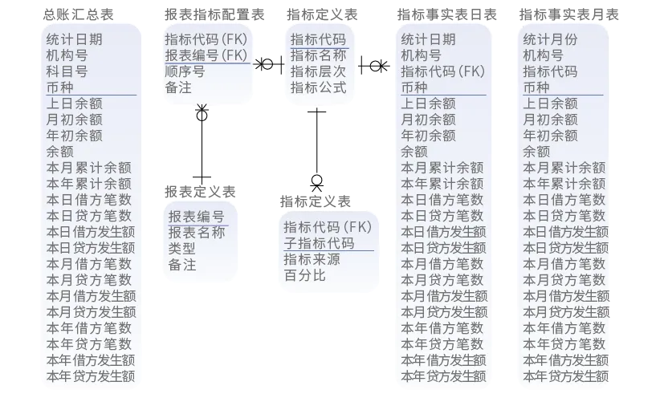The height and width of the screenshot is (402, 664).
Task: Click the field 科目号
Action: tap(67, 71)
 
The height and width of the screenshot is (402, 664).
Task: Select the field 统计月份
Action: tap(550, 39)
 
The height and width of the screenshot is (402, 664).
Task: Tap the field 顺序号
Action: tap(185, 71)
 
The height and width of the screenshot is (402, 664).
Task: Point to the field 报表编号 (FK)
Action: tap(206, 55)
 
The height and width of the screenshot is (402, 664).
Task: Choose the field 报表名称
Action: tap(197, 233)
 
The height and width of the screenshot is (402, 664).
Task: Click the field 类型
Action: tap(182, 249)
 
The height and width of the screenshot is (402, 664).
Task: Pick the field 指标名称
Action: tap(318, 55)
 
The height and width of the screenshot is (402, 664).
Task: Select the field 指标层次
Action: tap(318, 71)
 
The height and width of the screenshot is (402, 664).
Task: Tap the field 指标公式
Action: tap(318, 87)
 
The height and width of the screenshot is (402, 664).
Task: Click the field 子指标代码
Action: tap(319, 242)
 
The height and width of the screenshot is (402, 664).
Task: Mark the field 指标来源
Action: tap(312, 259)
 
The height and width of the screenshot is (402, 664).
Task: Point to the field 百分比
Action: tap(305, 275)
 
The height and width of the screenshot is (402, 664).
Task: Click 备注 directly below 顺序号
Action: tap(178, 87)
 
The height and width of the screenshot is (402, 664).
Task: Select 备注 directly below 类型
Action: tap(182, 265)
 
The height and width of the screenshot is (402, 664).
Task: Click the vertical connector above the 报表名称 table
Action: tap(202, 145)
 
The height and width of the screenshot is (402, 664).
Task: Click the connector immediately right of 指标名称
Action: tap(374, 63)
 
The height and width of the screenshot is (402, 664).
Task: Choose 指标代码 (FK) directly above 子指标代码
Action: tap(328, 226)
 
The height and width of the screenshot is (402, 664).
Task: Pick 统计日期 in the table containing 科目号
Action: tap(75, 39)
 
